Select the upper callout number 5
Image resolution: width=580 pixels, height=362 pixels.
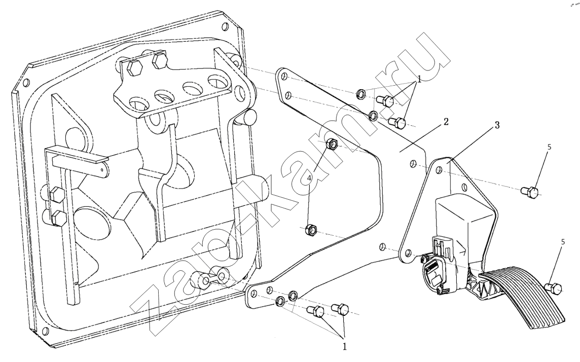coord(549,147)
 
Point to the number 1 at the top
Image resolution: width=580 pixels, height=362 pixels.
coord(419,81)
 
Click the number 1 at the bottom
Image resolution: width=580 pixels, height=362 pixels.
coord(345,347)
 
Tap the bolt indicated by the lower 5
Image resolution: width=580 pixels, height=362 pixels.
coord(554,288)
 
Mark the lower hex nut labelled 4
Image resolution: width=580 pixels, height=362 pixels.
coord(311,231)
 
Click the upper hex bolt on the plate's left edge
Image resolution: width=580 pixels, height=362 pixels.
coord(57,194)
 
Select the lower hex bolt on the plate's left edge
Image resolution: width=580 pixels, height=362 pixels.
coord(58,218)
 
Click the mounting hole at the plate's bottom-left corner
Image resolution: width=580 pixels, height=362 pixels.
coord(46,332)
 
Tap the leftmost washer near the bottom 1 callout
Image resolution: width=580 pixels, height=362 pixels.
coord(279,303)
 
